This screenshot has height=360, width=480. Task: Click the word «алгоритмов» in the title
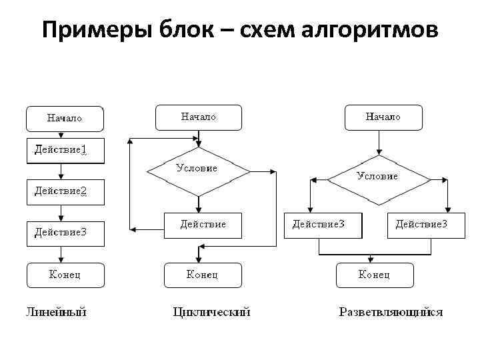click(x=371, y=29)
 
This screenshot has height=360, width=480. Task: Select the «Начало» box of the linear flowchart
click(x=65, y=118)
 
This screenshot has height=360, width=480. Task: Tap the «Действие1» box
click(x=65, y=151)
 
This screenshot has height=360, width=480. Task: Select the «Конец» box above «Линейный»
click(x=65, y=275)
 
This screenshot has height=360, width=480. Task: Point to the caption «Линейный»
click(x=57, y=311)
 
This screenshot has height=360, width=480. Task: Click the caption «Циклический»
click(x=211, y=311)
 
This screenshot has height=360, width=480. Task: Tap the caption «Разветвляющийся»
click(x=391, y=311)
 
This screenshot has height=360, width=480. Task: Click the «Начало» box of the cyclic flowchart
click(x=198, y=117)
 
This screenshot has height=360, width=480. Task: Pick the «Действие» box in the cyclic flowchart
click(x=203, y=225)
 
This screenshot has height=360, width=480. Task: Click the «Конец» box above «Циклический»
click(x=203, y=275)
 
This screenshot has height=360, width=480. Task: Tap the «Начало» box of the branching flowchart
click(x=383, y=117)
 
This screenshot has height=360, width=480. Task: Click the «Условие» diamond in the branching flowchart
click(x=377, y=176)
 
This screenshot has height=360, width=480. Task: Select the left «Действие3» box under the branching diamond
click(x=323, y=225)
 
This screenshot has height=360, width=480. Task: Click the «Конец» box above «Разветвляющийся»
click(x=375, y=275)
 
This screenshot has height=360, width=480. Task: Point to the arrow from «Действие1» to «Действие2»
click(x=61, y=171)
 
